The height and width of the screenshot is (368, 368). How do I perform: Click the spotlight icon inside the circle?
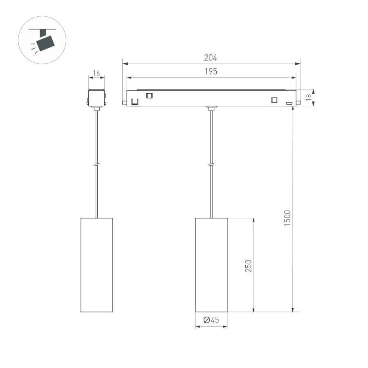tap(42, 40)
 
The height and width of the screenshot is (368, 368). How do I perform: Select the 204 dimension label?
tap(211, 58)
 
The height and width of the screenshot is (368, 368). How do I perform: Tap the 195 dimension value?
tap(211, 71)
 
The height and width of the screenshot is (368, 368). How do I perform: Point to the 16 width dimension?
tap(96, 73)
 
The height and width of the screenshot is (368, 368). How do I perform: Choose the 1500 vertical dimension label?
tap(287, 219)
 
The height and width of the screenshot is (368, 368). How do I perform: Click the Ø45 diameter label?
tap(211, 320)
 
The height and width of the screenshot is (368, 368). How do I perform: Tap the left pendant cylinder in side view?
tap(96, 265)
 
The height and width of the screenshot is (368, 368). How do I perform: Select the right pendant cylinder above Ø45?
tap(211, 265)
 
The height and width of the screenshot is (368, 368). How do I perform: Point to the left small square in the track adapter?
tap(149, 95)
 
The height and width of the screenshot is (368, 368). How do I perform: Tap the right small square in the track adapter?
tap(274, 100)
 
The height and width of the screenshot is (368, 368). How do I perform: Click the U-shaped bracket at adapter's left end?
tap(135, 101)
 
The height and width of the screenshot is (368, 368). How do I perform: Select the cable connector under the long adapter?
tap(211, 108)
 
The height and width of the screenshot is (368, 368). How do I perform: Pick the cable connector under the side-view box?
tap(96, 109)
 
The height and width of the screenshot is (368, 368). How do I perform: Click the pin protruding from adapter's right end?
tap(298, 102)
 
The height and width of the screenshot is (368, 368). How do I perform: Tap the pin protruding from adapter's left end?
tap(124, 102)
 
